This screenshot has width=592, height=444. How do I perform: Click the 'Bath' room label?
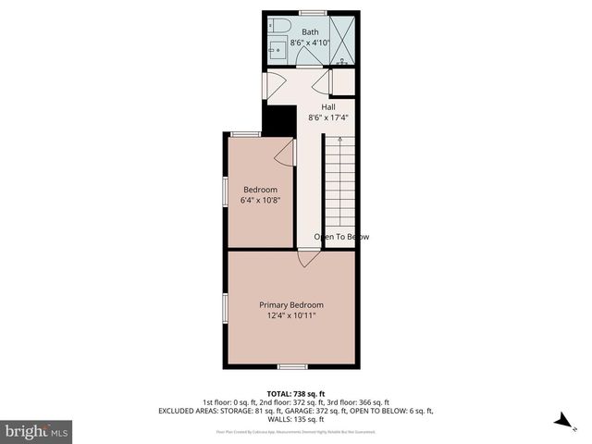pyautogui.click(x=310, y=31)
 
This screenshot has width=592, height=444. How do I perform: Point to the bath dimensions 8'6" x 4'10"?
pyautogui.click(x=310, y=43)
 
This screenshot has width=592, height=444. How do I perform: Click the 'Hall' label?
pyautogui.click(x=328, y=106)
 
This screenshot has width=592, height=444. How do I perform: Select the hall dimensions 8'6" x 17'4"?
pyautogui.click(x=328, y=117)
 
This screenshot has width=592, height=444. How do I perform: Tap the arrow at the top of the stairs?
pyautogui.click(x=340, y=141)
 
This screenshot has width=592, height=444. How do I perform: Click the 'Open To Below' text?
pyautogui.click(x=341, y=237)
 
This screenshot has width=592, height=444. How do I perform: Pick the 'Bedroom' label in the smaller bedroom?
pyautogui.click(x=260, y=190)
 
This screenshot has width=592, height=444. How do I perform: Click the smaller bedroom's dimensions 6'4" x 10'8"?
pyautogui.click(x=260, y=201)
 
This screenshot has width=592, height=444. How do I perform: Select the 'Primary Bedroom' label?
pyautogui.click(x=291, y=305)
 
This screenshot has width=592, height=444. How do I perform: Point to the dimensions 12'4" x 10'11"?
pyautogui.click(x=291, y=316)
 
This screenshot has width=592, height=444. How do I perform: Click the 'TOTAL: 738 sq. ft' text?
pyautogui.click(x=295, y=393)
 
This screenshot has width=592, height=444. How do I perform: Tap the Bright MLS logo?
pyautogui.click(x=36, y=431)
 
